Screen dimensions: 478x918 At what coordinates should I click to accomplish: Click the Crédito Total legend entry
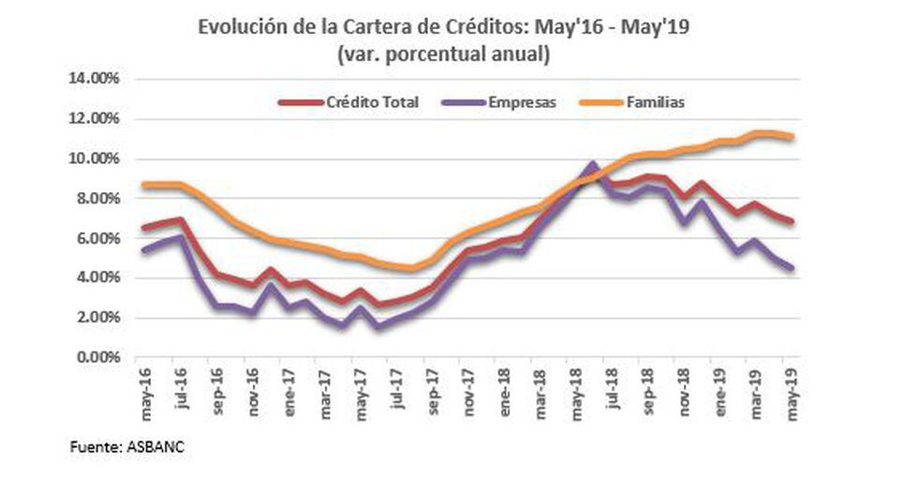tap(371, 102)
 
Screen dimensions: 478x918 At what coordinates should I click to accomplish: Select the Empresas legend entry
tap(522, 102)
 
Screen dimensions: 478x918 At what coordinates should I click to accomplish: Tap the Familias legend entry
tap(655, 102)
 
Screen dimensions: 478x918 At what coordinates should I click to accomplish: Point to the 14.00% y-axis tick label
tap(95, 79)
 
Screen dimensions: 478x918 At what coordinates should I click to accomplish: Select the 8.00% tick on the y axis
tap(97, 198)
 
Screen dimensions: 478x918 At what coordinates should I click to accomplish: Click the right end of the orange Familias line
tap(793, 137)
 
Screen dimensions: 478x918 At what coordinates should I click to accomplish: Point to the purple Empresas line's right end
tap(793, 268)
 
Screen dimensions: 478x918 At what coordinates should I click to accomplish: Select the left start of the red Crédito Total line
tap(142, 228)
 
